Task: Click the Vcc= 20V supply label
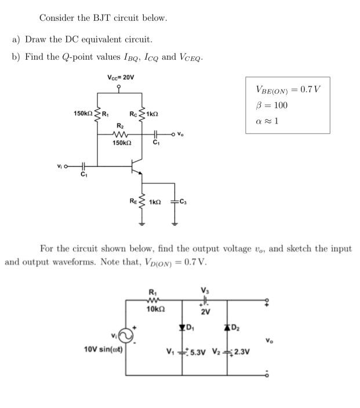(x=121, y=77)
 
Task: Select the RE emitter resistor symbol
(x=140, y=203)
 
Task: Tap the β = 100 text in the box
(x=271, y=105)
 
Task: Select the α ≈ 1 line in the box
(x=268, y=121)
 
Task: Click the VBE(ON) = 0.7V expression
(x=288, y=89)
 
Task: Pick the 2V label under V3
(x=205, y=312)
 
